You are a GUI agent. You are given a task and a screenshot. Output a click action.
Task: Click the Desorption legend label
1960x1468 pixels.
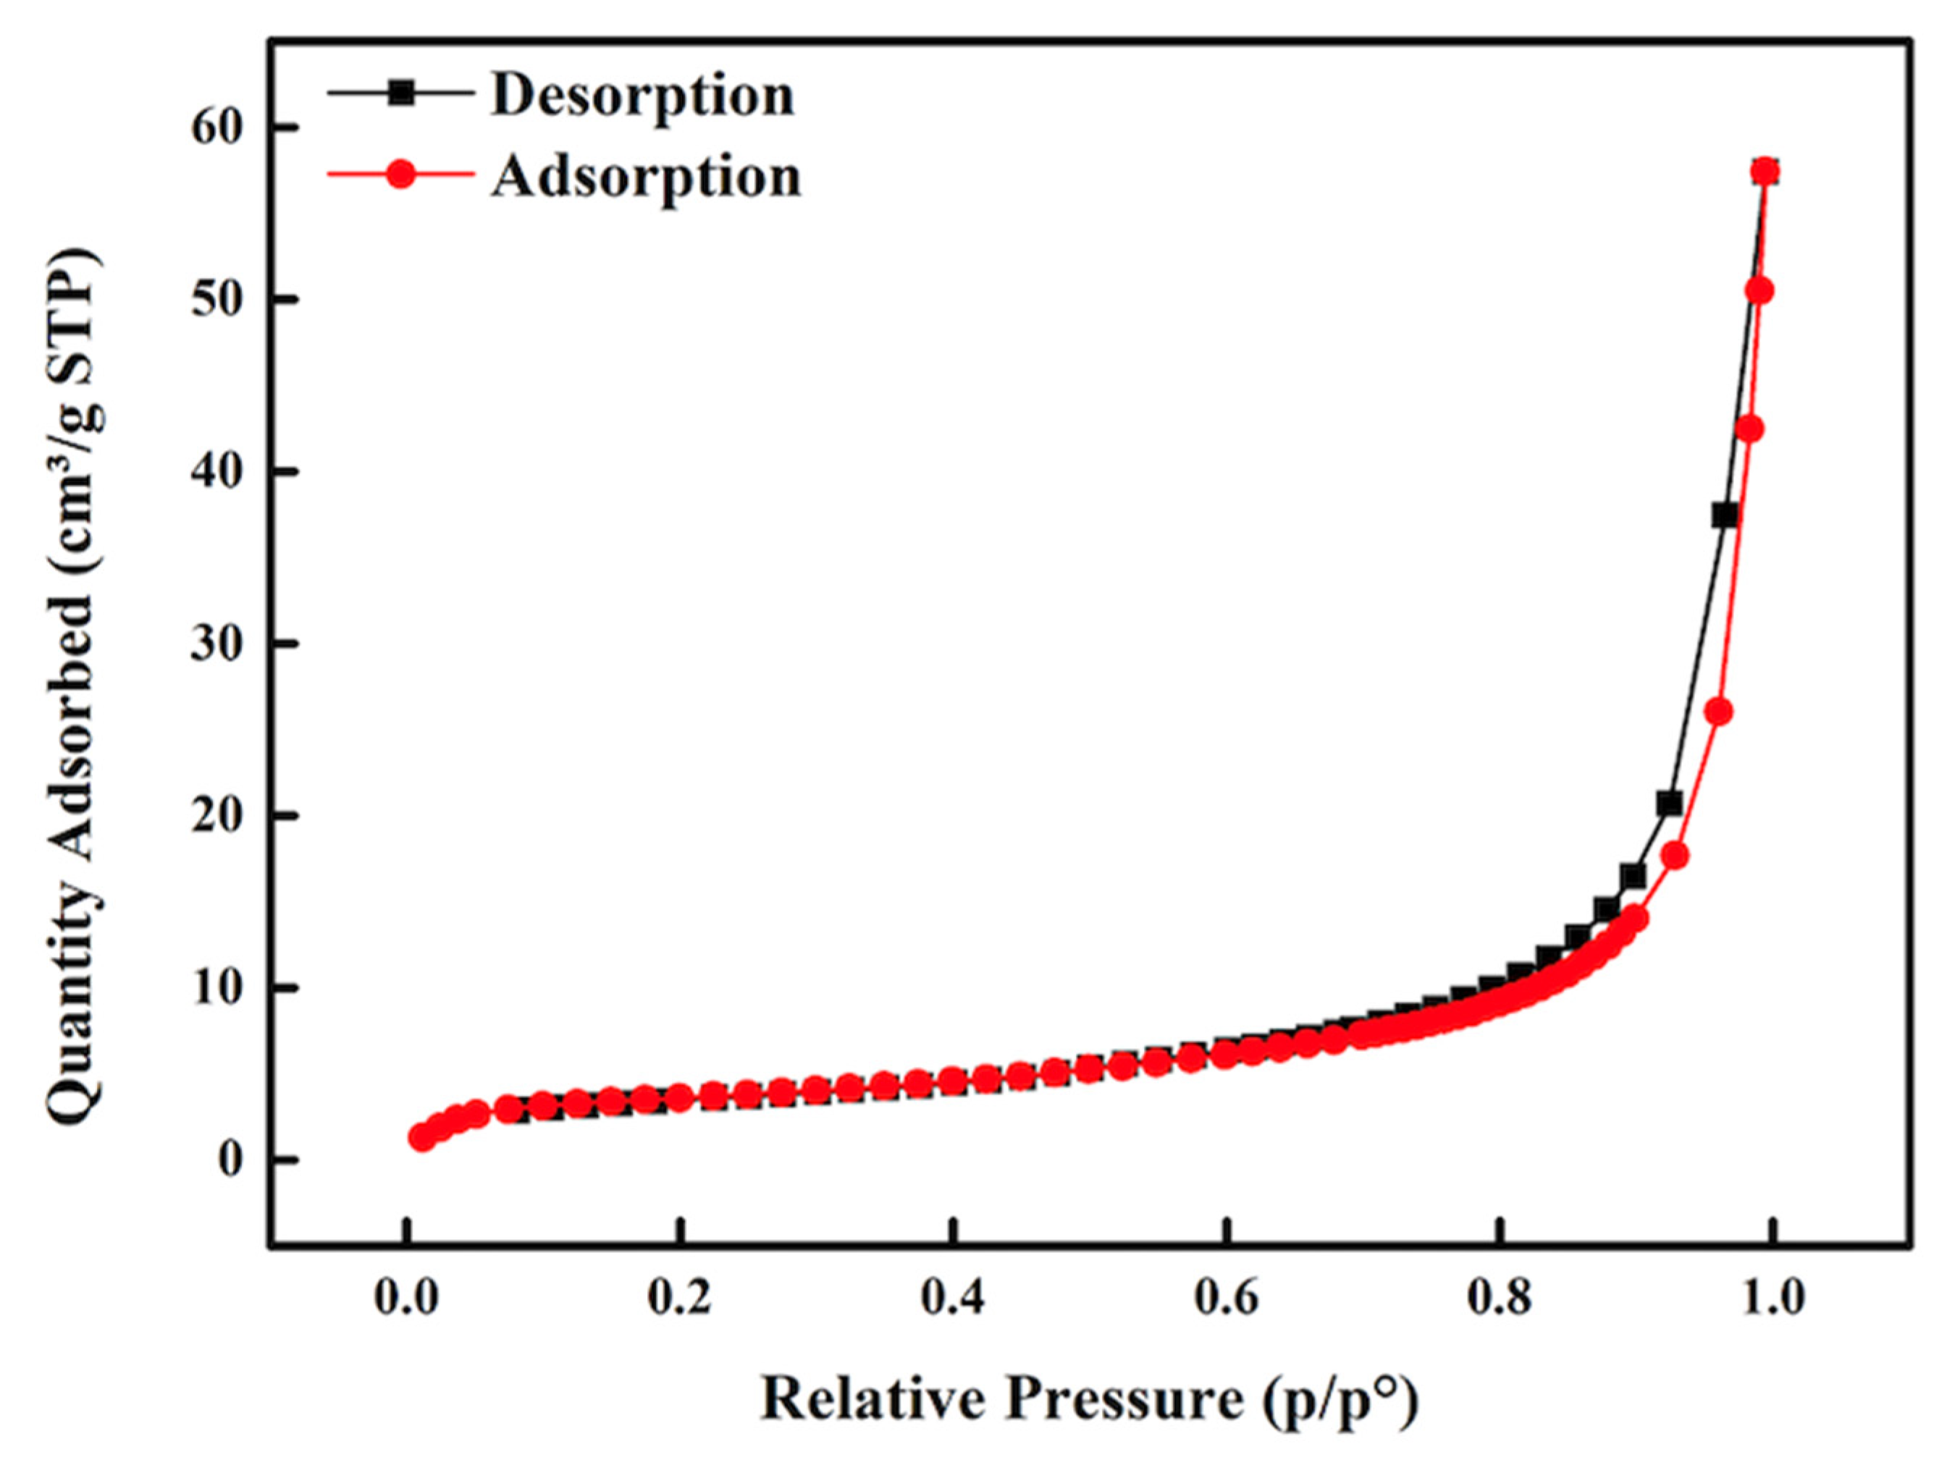[x=643, y=96]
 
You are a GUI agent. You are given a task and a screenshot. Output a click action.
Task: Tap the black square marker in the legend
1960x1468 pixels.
[x=401, y=92]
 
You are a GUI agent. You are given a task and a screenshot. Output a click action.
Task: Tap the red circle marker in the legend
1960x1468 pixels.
[x=401, y=174]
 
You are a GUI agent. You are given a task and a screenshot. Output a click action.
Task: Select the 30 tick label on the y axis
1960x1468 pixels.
[x=216, y=645]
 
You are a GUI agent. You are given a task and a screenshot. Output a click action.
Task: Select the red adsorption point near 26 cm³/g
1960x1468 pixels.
[x=1718, y=712]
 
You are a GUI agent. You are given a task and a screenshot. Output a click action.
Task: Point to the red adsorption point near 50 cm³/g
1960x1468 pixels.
[x=1759, y=290]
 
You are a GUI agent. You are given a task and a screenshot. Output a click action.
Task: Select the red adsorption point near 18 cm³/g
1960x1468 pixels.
[x=1675, y=856]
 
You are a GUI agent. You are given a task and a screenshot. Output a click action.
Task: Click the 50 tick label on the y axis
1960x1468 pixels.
[x=216, y=301]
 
